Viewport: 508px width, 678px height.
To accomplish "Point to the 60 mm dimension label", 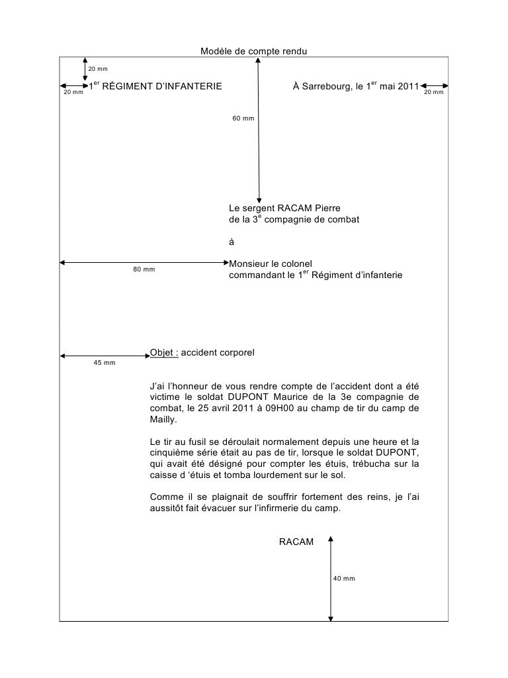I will coord(243,119).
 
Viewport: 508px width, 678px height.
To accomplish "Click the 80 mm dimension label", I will coord(144,269).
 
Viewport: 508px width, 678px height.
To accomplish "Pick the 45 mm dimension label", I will coord(105,363).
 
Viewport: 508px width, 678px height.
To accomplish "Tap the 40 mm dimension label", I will coord(344,579).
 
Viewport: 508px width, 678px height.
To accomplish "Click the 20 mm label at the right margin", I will coord(434,93).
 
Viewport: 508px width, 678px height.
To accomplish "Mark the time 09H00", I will coord(267,408).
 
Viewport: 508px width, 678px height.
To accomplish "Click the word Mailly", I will coord(163,420).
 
